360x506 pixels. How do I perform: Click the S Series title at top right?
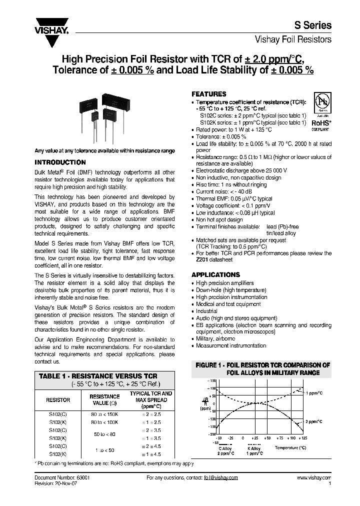pos(315,25)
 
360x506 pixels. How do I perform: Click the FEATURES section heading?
pos(209,94)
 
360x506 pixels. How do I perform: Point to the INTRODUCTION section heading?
pos(60,162)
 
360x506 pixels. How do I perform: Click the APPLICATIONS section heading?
pos(216,274)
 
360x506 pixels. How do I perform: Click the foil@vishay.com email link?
pos(221,477)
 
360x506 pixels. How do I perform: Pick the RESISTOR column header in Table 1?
pos(58,400)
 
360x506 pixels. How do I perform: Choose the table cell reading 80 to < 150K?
pos(104,414)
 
